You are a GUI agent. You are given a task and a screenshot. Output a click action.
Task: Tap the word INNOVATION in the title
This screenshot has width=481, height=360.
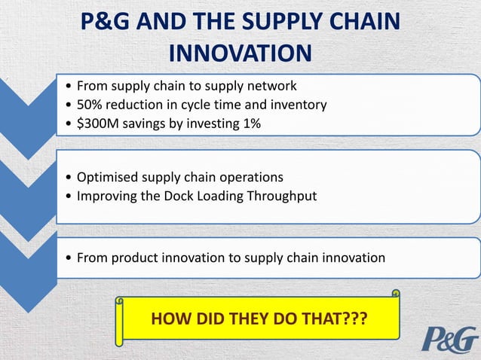pyautogui.click(x=240, y=53)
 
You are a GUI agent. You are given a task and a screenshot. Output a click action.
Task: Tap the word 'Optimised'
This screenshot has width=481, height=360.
pyautogui.click(x=107, y=178)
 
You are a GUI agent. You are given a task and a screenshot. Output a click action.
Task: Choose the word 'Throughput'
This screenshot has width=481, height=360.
pyautogui.click(x=286, y=197)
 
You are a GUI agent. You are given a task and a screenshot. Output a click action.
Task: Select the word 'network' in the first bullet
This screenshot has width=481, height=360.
pyautogui.click(x=273, y=85)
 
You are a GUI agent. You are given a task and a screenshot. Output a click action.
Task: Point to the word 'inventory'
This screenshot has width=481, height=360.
pyautogui.click(x=299, y=105)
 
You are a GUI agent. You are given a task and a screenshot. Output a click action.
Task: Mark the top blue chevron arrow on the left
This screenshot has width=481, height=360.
pyautogui.click(x=27, y=113)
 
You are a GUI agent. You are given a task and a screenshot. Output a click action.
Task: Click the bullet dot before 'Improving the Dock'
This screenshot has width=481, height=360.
pyautogui.click(x=69, y=197)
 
